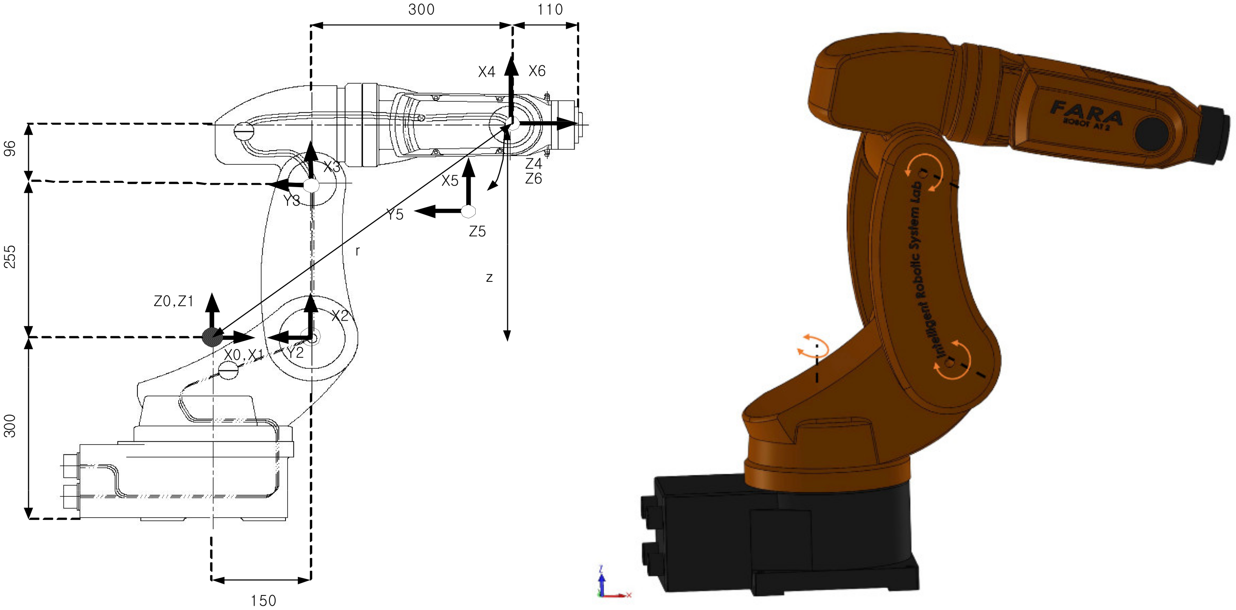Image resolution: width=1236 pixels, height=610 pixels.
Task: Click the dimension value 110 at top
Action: click(x=549, y=9)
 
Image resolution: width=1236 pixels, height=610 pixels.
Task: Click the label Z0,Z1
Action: click(x=173, y=301)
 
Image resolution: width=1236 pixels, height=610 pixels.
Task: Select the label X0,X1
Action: click(x=243, y=355)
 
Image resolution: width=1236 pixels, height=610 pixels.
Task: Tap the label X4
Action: click(x=486, y=72)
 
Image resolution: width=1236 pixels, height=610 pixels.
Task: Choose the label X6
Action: click(x=537, y=71)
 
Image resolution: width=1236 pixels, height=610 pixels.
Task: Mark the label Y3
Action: click(x=291, y=201)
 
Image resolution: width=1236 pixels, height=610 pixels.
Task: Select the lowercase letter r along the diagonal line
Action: click(x=357, y=251)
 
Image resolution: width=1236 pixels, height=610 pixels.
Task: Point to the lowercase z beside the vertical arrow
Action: click(x=489, y=277)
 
